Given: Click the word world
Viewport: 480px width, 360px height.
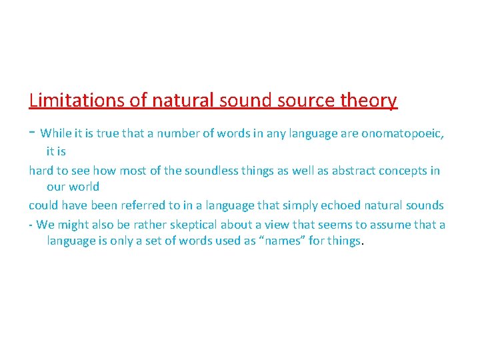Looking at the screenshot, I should click(83, 187).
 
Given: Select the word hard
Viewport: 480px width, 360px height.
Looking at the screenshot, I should click(41, 171).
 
